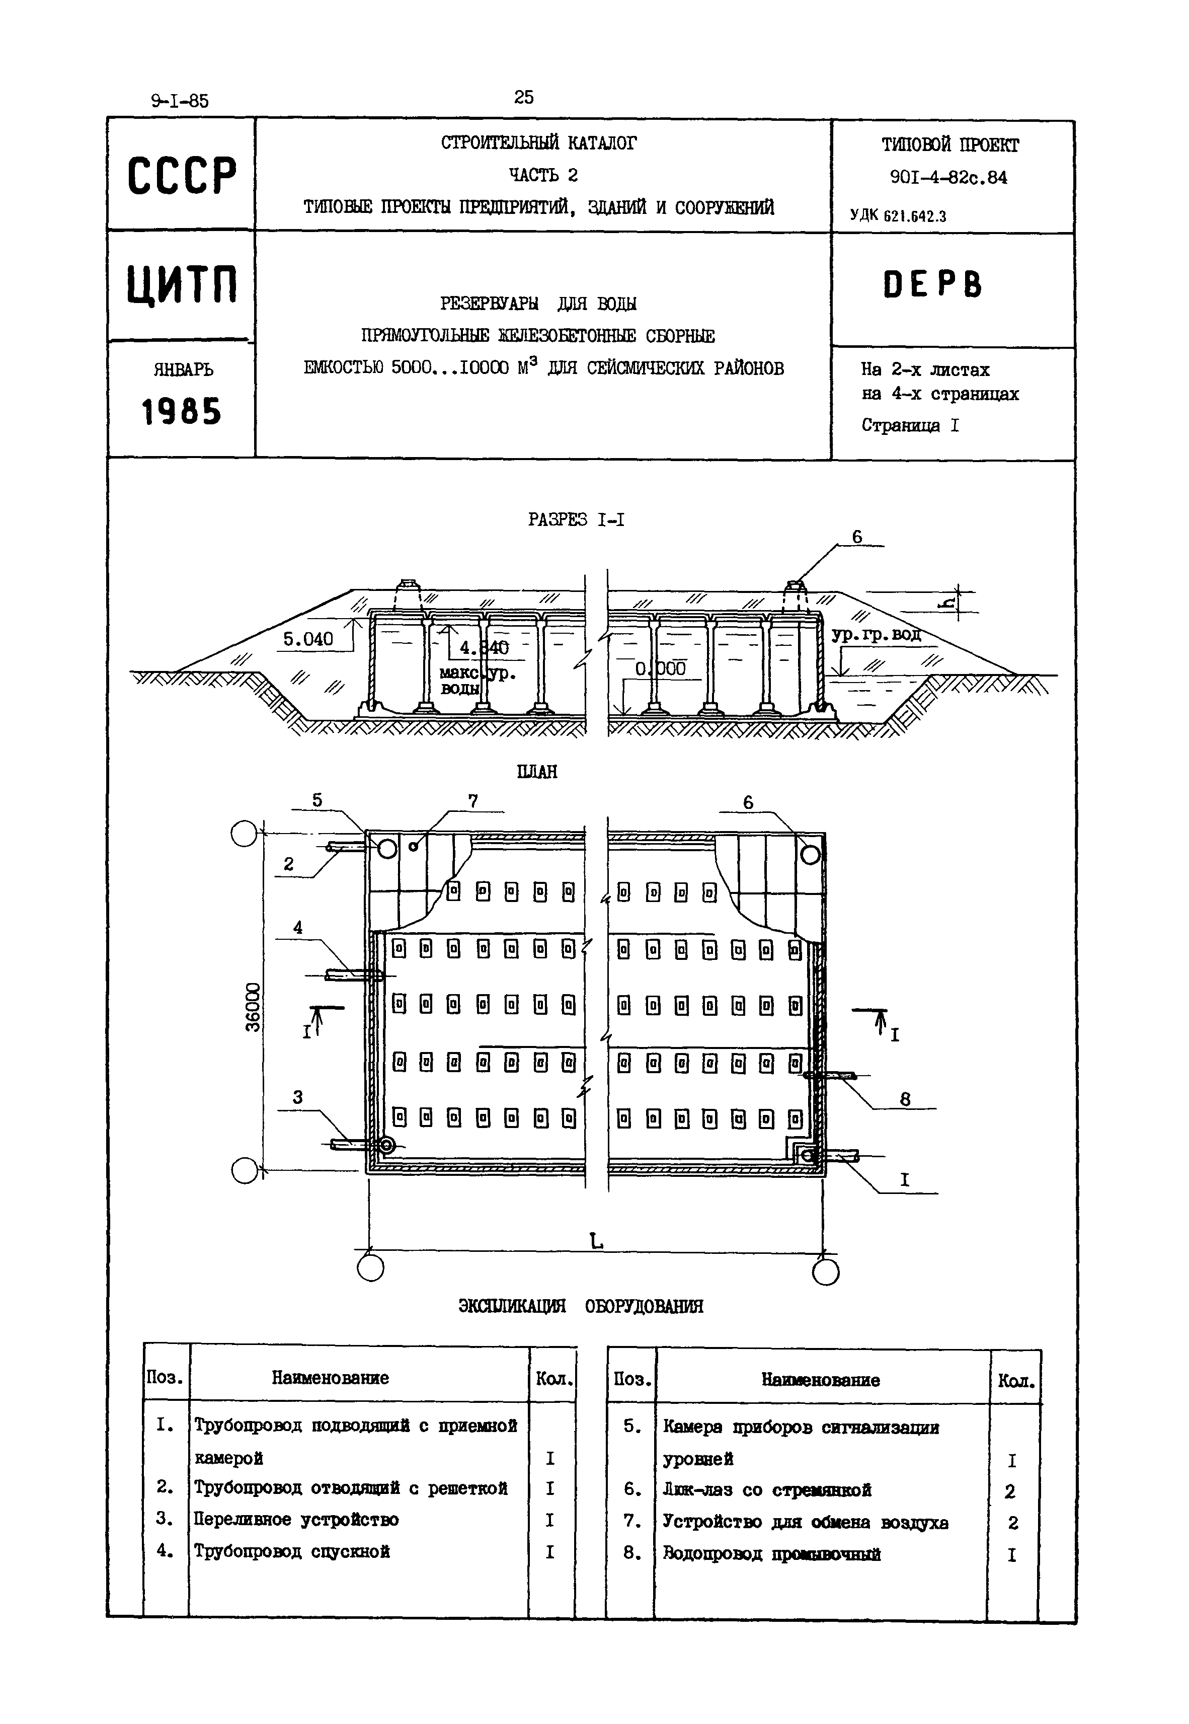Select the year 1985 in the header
tap(182, 411)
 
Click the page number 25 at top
tap(524, 97)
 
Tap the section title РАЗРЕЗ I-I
tap(576, 519)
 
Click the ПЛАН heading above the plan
tap(536, 771)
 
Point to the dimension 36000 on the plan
tap(253, 1008)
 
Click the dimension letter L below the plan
tap(596, 1240)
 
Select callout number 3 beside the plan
tap(298, 1097)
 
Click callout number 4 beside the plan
tap(298, 928)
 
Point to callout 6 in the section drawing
tap(857, 537)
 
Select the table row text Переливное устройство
tap(296, 1519)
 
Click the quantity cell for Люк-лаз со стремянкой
tap(1010, 1491)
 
